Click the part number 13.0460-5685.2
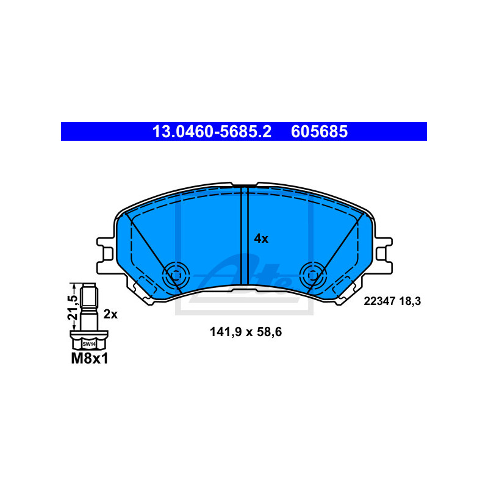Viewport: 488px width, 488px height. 212,132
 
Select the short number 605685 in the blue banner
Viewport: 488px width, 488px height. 319,132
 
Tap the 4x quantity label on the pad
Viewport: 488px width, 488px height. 261,239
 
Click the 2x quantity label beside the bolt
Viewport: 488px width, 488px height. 110,314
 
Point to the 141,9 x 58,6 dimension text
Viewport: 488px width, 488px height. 246,332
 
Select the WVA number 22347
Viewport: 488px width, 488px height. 379,301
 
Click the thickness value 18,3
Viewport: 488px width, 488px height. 409,301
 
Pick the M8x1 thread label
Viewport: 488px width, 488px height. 90,359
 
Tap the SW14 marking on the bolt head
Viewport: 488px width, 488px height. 89,344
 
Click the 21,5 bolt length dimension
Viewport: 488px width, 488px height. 72,307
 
